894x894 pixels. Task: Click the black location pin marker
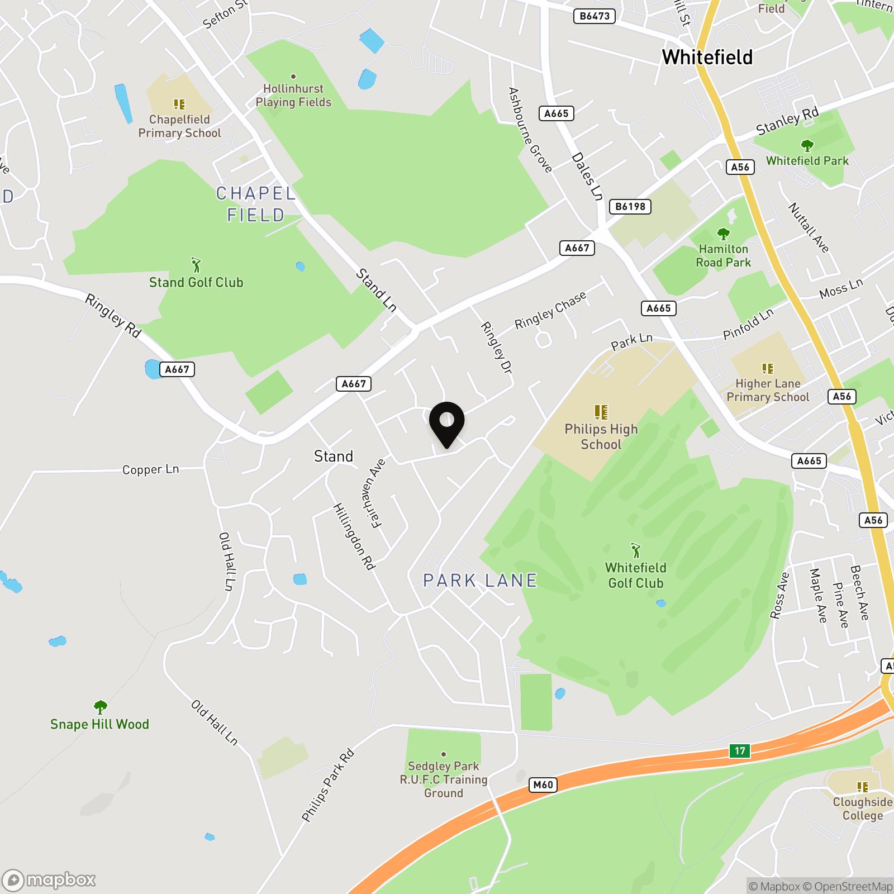(446, 422)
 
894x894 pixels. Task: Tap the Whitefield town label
(707, 57)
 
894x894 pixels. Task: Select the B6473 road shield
(595, 16)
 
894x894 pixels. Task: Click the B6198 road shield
(630, 207)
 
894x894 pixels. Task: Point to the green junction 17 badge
(740, 750)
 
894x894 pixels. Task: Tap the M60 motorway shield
(543, 785)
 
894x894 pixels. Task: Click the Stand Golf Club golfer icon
(196, 264)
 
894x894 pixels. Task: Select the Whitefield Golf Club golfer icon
(635, 550)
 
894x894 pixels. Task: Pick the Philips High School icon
(601, 412)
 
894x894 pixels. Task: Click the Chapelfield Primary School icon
(179, 104)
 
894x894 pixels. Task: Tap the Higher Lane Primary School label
(768, 390)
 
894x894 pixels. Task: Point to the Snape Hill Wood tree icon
(100, 707)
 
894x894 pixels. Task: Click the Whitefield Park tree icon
(807, 146)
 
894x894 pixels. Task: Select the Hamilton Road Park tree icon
(723, 234)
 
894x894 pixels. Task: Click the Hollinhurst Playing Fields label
(293, 96)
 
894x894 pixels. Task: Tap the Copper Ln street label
(150, 469)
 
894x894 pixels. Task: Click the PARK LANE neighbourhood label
(480, 581)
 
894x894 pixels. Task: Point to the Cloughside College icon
(862, 787)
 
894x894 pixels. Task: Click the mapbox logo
(49, 881)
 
